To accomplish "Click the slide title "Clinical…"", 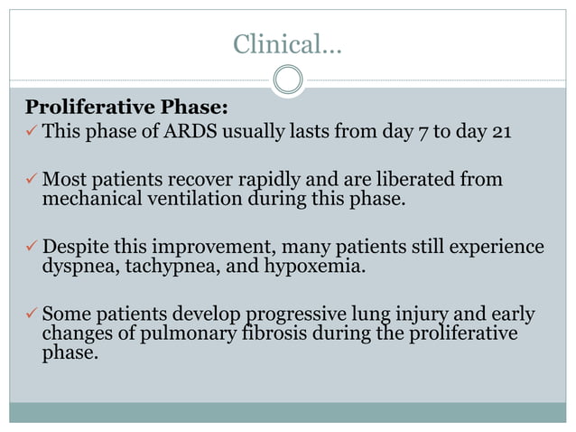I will point(287,42).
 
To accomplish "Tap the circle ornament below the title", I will point(288,80).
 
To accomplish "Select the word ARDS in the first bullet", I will point(190,132).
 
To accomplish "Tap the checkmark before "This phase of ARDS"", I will point(30,133).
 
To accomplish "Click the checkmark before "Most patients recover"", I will point(30,180).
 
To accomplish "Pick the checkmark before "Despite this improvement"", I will point(30,247).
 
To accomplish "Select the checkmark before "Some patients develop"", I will point(30,315).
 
